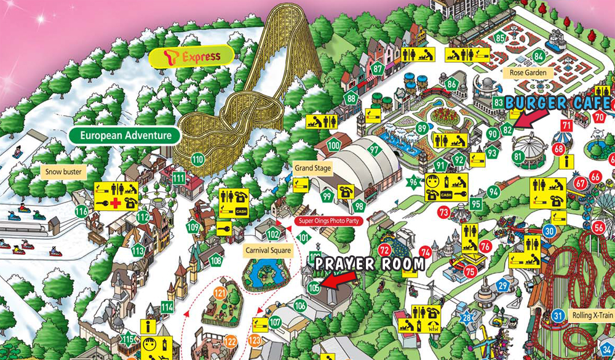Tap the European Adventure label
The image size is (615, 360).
[124, 135]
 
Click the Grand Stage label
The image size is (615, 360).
[312, 167]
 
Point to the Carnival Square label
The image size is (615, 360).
[268, 250]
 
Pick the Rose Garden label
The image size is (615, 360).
[528, 73]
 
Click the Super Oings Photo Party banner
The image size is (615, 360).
[330, 220]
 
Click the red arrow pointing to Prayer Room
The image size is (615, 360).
[338, 279]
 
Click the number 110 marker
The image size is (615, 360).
[197, 159]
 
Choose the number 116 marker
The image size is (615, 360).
[81, 211]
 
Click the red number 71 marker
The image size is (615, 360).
[566, 126]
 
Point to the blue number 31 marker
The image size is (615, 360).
[558, 316]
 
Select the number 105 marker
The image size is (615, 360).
[314, 286]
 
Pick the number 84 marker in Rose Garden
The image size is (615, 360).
[539, 57]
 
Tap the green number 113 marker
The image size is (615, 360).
[138, 250]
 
